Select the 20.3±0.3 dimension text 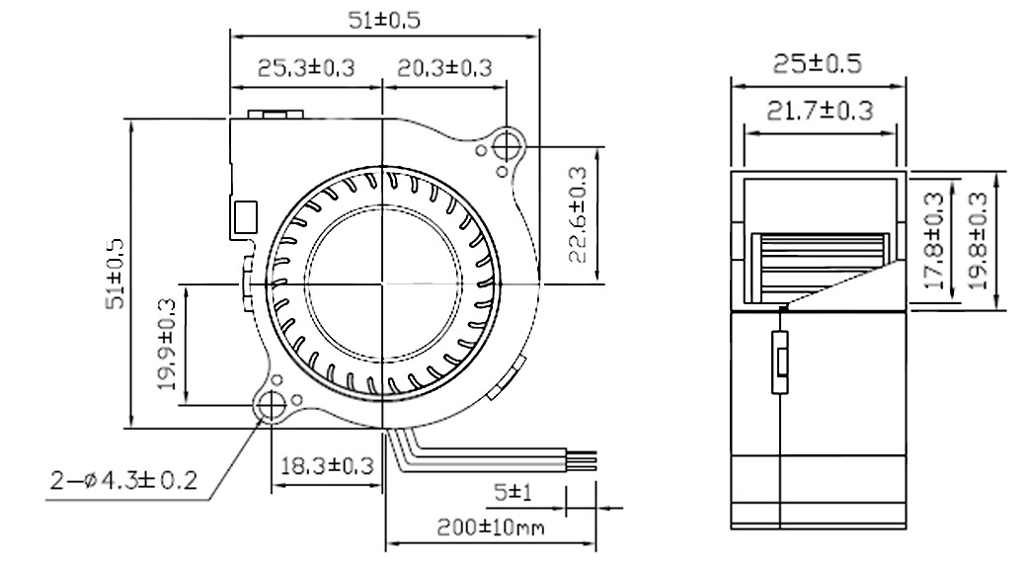tap(444, 67)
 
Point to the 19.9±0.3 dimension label tap(166, 345)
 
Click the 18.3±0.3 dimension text tap(326, 463)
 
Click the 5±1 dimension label tap(514, 491)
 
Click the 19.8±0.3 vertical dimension tap(979, 241)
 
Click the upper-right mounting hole tap(509, 145)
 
